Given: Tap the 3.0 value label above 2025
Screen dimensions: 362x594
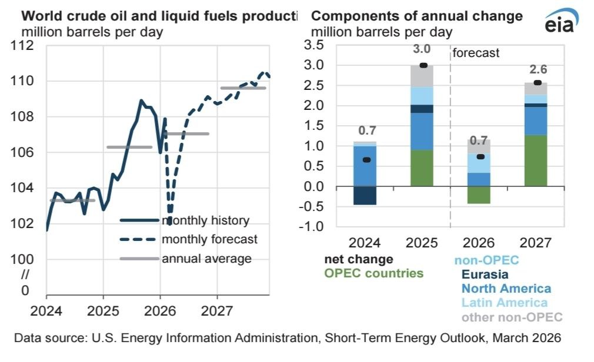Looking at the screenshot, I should (422, 49).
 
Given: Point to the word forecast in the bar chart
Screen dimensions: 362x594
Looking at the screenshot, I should (476, 53).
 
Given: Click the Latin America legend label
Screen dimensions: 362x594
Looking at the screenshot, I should (505, 303).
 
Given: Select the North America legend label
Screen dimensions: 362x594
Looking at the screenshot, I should (506, 289).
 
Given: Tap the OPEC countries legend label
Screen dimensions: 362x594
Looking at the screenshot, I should (373, 273).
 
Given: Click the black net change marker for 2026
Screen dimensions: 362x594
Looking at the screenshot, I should (480, 156).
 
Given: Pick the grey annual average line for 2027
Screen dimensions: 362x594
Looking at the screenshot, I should (243, 88).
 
